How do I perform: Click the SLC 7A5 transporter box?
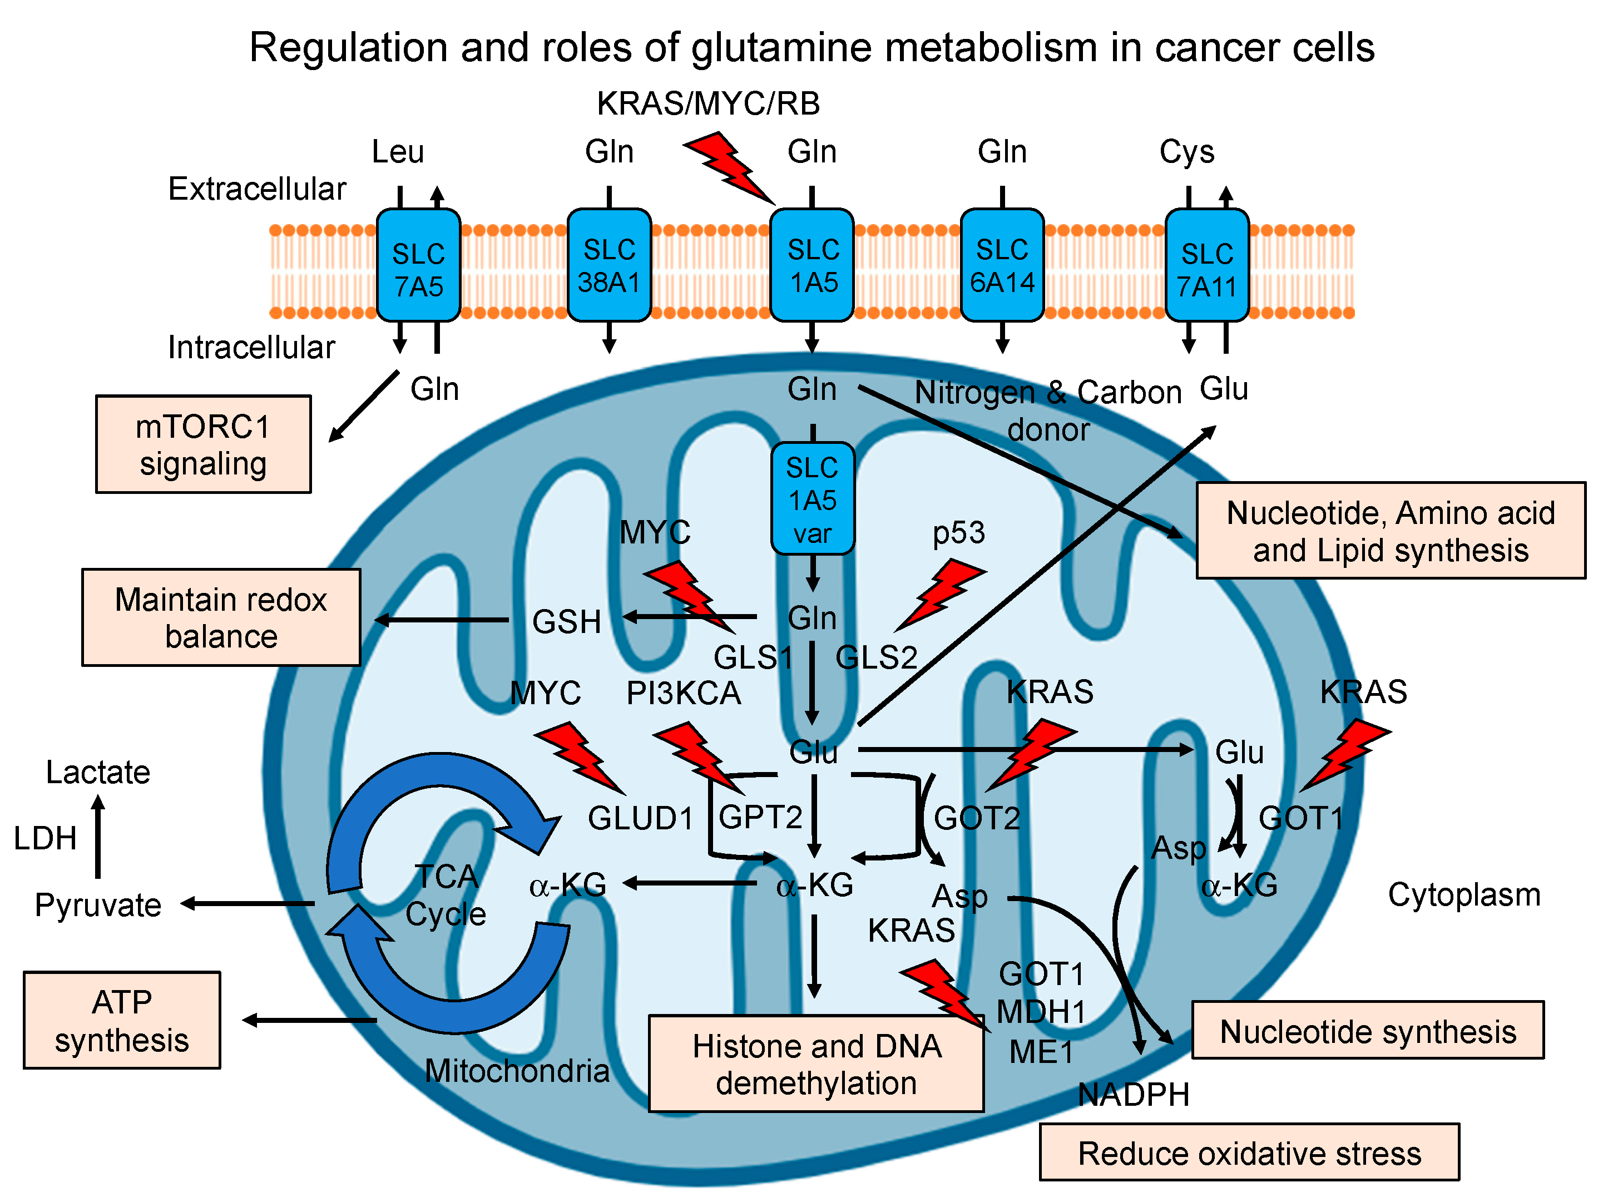click(x=418, y=265)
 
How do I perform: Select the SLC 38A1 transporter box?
click(x=608, y=265)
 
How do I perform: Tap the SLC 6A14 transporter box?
click(x=1002, y=265)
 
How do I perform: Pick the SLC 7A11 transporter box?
click(x=1207, y=265)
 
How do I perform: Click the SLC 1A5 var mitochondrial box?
click(x=812, y=499)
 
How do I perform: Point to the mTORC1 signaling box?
click(x=204, y=444)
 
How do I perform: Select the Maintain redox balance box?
click(x=221, y=617)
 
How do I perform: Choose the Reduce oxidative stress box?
click(x=1249, y=1152)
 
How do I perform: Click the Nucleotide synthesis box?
click(x=1367, y=1030)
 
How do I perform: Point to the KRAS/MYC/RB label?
click(x=708, y=103)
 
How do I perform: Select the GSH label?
click(x=566, y=622)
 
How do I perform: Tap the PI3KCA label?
click(x=684, y=693)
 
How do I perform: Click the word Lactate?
click(x=98, y=771)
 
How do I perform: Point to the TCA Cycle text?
click(x=446, y=894)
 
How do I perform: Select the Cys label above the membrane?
click(x=1186, y=151)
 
